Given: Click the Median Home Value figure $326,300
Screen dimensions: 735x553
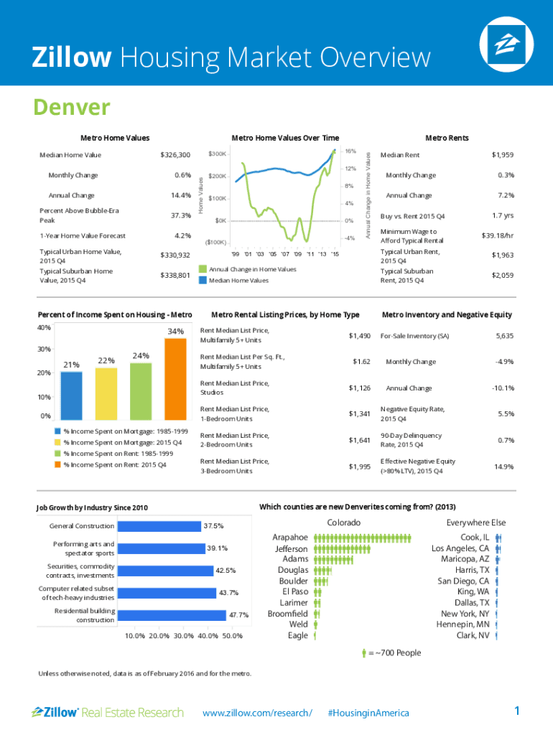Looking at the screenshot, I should [175, 155].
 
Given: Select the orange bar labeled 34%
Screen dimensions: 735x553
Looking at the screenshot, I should [175, 379].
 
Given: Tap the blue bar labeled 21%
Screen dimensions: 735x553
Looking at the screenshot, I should [72, 395].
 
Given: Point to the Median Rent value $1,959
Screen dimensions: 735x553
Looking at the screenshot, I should [502, 155].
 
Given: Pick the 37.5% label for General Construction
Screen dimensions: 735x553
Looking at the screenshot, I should [213, 526].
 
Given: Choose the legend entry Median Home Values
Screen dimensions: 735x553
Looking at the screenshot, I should [238, 281].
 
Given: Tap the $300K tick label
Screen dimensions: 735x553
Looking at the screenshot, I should [218, 154].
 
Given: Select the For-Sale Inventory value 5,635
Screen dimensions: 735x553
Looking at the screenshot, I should [504, 336].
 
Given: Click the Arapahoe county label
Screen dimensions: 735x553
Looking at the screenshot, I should [290, 537].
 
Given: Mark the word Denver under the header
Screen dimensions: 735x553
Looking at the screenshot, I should [71, 108].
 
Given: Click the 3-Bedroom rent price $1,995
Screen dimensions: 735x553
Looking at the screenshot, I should [359, 467].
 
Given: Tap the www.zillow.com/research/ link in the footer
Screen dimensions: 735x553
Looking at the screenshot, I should [258, 713].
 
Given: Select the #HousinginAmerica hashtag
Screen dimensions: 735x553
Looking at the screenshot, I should [368, 713].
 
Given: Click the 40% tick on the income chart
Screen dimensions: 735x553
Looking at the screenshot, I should [43, 327].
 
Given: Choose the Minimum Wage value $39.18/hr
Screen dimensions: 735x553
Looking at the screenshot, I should [497, 235].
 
